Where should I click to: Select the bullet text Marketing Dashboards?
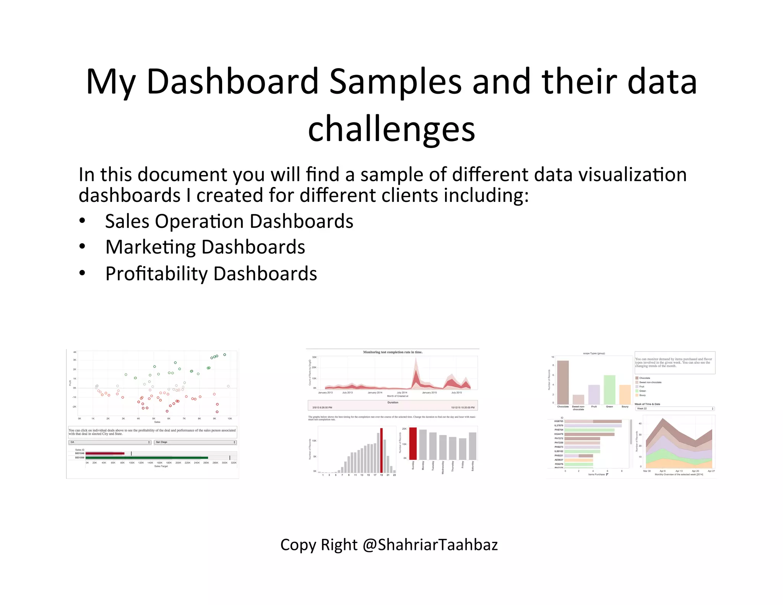(205, 247)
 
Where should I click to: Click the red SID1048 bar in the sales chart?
(105, 454)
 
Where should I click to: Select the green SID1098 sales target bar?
(147, 458)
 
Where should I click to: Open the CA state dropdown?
(110, 442)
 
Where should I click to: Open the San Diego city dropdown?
(195, 442)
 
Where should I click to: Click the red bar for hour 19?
(381, 450)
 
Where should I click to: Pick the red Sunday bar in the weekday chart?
(413, 443)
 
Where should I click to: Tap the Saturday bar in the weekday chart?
(473, 446)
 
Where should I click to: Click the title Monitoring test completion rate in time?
(393, 352)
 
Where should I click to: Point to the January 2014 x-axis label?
(375, 393)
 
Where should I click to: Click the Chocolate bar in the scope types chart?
(563, 382)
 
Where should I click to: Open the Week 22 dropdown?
(675, 409)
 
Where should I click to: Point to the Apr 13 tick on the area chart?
(679, 471)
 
